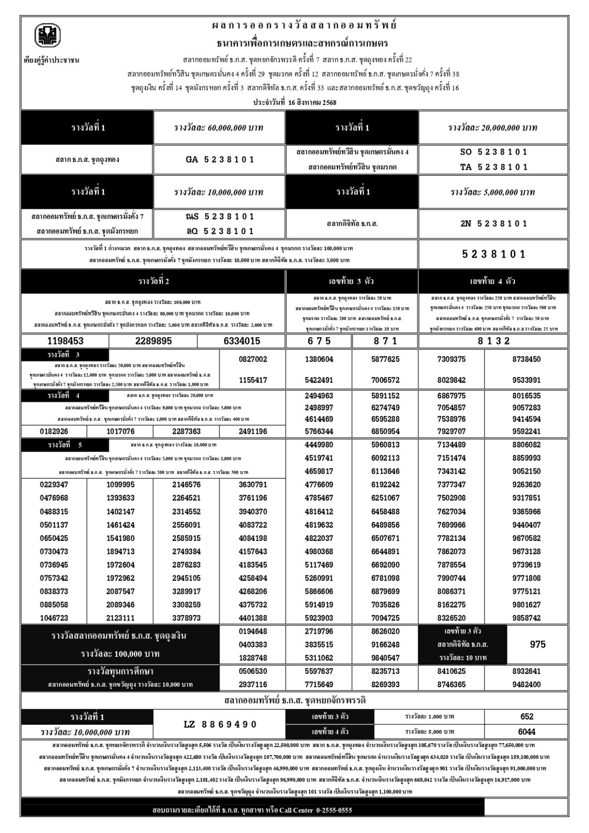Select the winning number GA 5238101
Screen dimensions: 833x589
pyautogui.click(x=219, y=160)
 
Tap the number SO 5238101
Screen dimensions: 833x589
pyautogui.click(x=493, y=152)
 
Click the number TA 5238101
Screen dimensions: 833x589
pyautogui.click(x=493, y=167)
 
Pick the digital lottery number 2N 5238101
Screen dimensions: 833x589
pyautogui.click(x=493, y=224)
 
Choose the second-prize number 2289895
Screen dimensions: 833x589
pyautogui.click(x=153, y=341)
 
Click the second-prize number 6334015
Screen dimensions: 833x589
pyautogui.click(x=242, y=341)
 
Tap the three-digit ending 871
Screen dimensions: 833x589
pyautogui.click(x=385, y=341)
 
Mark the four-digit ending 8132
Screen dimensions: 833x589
pyautogui.click(x=493, y=341)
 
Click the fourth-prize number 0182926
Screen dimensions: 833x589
pyautogui.click(x=54, y=431)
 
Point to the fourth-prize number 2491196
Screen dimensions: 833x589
pyautogui.click(x=253, y=431)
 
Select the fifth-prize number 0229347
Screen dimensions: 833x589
pyautogui.click(x=54, y=484)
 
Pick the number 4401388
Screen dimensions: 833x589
pyautogui.click(x=253, y=618)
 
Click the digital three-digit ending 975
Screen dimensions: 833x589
pyautogui.click(x=537, y=644)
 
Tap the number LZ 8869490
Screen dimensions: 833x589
pyautogui.click(x=219, y=724)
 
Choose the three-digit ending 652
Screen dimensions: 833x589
pyautogui.click(x=526, y=717)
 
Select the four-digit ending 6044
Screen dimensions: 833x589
pyautogui.click(x=526, y=731)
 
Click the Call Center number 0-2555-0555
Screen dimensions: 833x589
pyautogui.click(x=334, y=810)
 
